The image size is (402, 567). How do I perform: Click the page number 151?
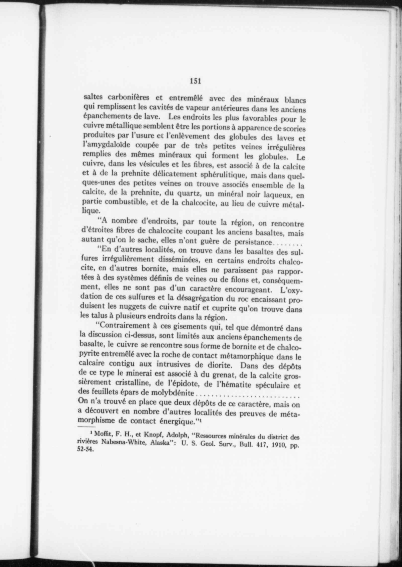click(x=195, y=81)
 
